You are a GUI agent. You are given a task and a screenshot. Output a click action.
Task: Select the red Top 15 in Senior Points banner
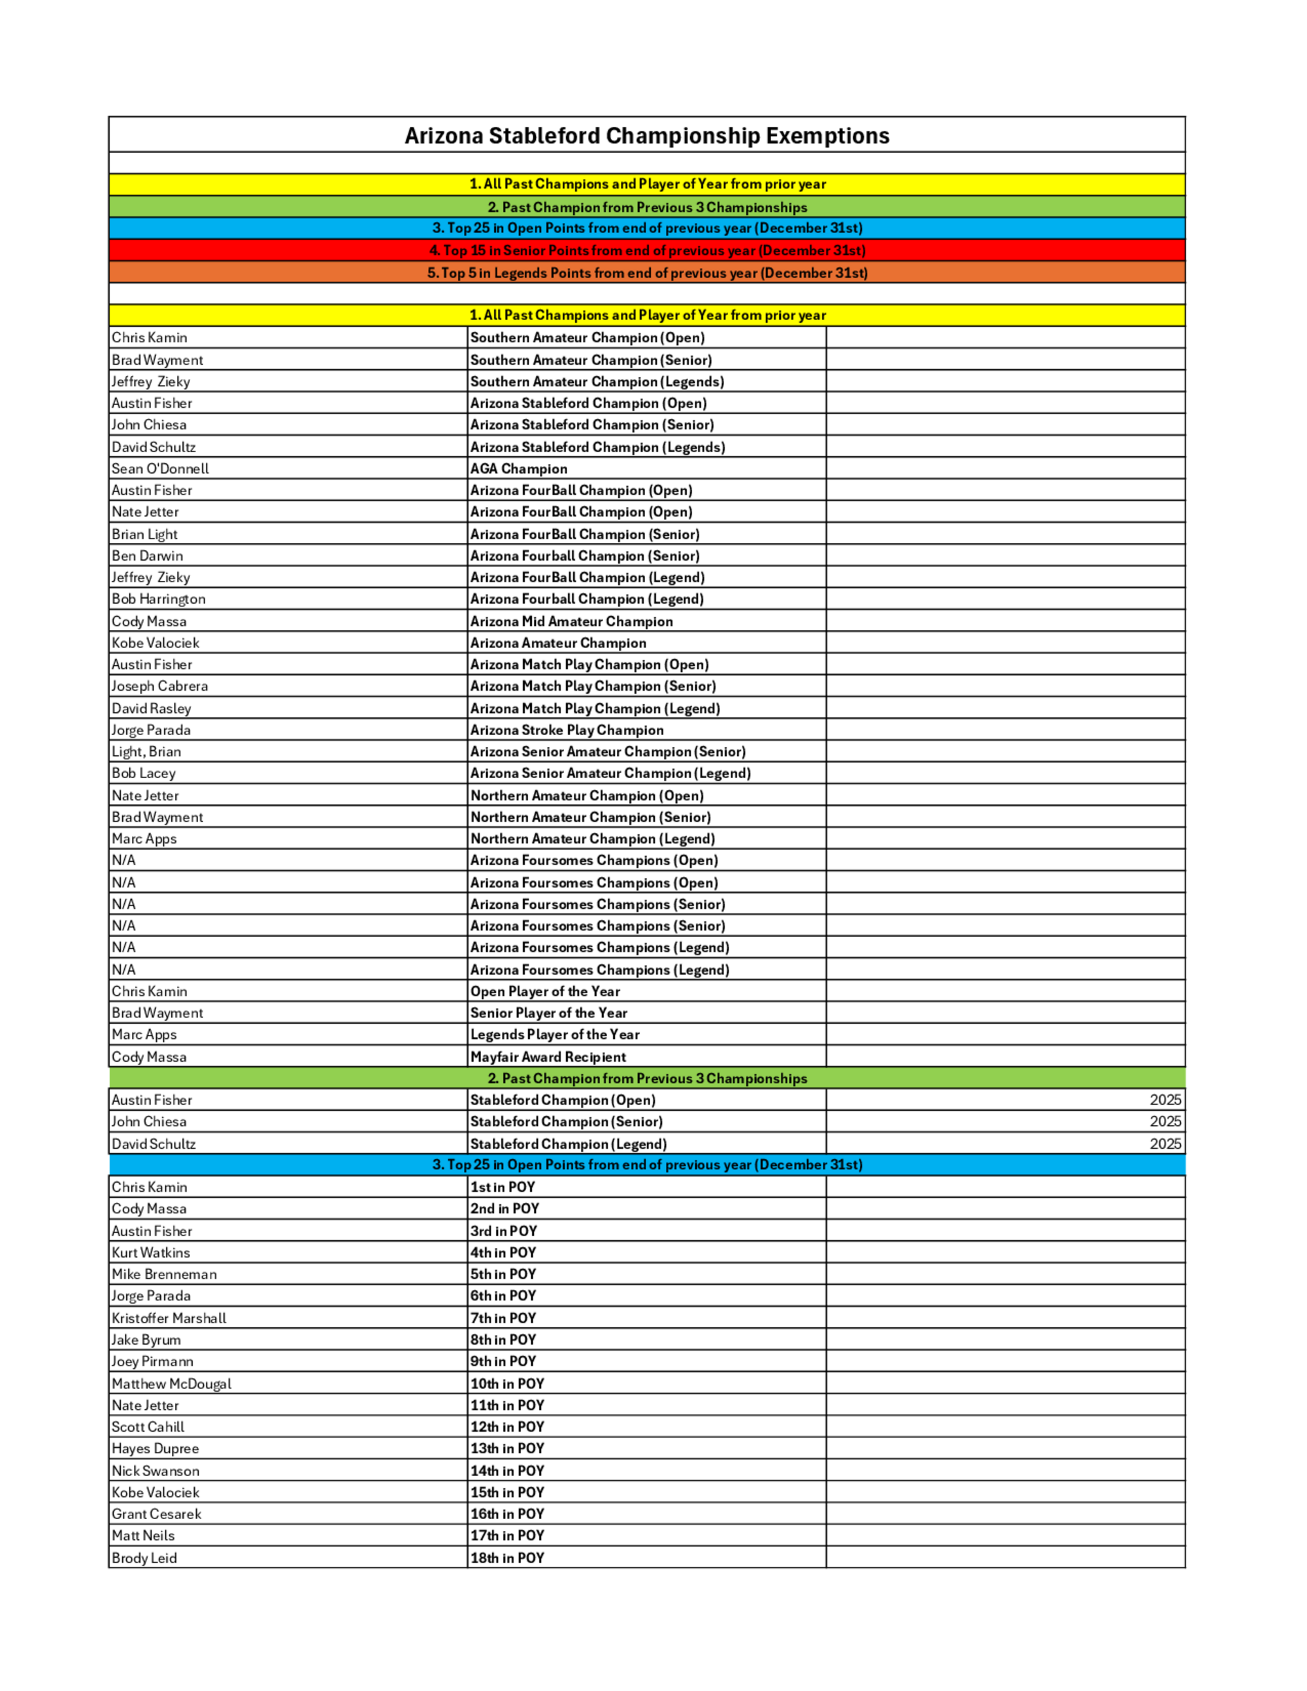[x=646, y=250]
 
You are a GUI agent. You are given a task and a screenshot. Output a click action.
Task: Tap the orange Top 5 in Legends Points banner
[x=646, y=272]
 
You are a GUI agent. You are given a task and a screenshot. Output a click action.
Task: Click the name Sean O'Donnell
[x=160, y=468]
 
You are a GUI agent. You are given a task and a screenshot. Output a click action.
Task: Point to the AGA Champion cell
[x=519, y=468]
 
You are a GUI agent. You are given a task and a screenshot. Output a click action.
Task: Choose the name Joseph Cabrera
[x=159, y=686]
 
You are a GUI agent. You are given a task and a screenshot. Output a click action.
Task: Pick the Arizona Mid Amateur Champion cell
[x=571, y=621]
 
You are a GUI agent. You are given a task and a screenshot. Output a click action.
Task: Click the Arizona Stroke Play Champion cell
[x=567, y=730]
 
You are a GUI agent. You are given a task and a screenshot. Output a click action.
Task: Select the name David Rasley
[x=151, y=708]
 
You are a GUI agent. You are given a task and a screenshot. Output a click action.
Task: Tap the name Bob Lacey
[x=143, y=774]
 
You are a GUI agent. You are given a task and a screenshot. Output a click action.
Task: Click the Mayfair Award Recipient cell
[x=548, y=1057]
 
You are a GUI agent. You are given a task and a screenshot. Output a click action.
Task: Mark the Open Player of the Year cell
[x=545, y=991]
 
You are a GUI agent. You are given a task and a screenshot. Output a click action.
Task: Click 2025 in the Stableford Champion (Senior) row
[x=1165, y=1121]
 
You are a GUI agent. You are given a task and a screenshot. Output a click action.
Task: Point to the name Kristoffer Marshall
[x=169, y=1318]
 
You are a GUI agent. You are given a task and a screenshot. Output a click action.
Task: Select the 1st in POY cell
[x=503, y=1187]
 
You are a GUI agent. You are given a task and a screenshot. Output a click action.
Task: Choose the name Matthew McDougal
[x=171, y=1384]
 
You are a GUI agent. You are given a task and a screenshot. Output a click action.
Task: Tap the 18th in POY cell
[x=507, y=1558]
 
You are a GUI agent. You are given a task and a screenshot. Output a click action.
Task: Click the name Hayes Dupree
[x=155, y=1449]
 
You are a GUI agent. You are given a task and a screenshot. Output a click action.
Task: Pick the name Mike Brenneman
[x=164, y=1274]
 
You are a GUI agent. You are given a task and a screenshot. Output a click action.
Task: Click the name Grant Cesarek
[x=156, y=1514]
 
